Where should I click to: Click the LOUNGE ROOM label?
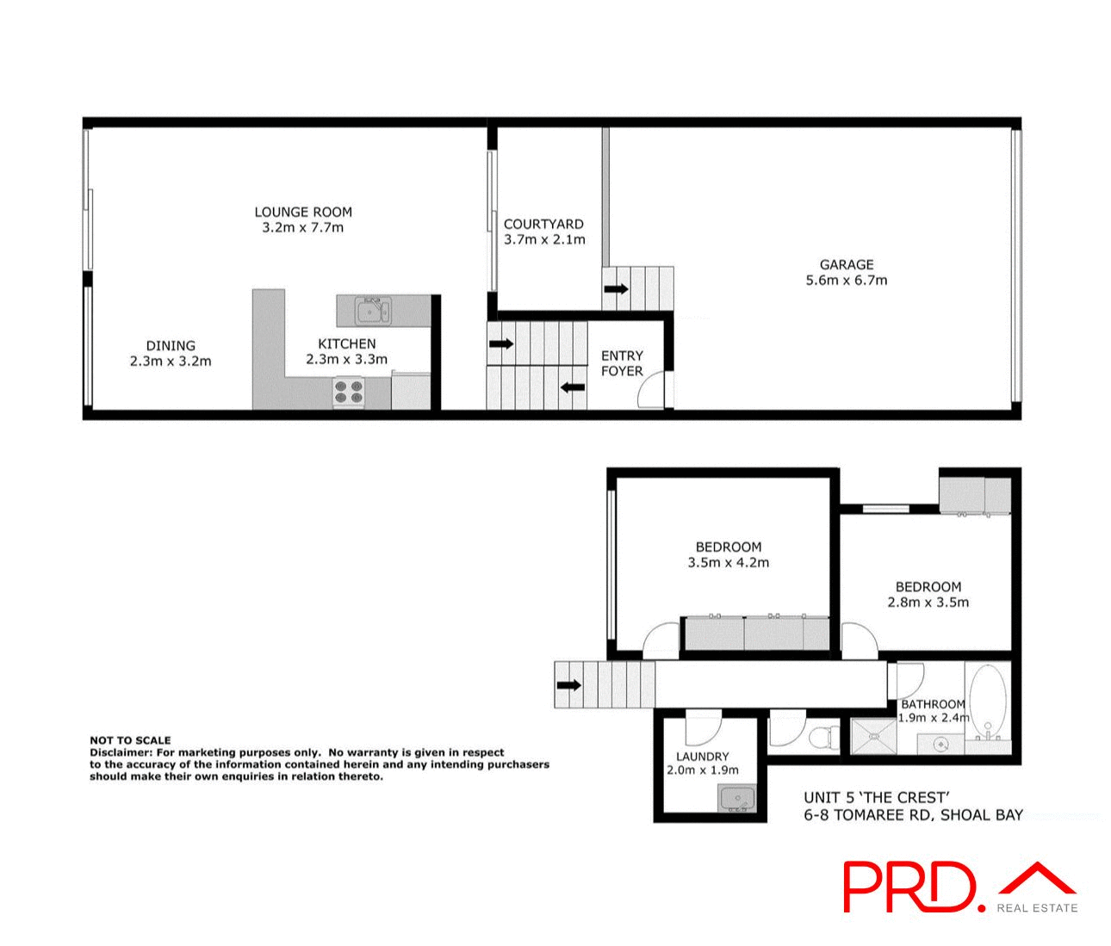pos(303,212)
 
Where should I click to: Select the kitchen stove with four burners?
pos(349,392)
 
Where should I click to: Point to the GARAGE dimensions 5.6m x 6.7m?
pos(846,280)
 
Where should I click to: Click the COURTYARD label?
pos(543,224)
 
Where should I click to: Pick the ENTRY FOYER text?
pos(622,363)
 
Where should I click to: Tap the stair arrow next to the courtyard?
pos(616,289)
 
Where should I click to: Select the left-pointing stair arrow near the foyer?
pos(573,387)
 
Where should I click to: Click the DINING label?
pos(171,345)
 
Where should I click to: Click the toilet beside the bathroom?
pos(827,737)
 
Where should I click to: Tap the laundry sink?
pos(736,800)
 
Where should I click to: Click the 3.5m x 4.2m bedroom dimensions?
pos(728,563)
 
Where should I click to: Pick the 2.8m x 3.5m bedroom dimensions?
pos(928,603)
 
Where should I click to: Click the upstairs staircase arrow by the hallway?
pos(568,685)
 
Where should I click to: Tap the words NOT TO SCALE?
pos(130,740)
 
